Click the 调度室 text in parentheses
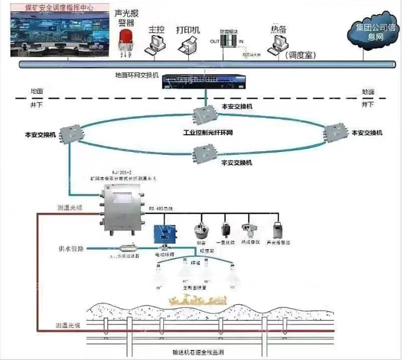(x=300, y=55)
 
